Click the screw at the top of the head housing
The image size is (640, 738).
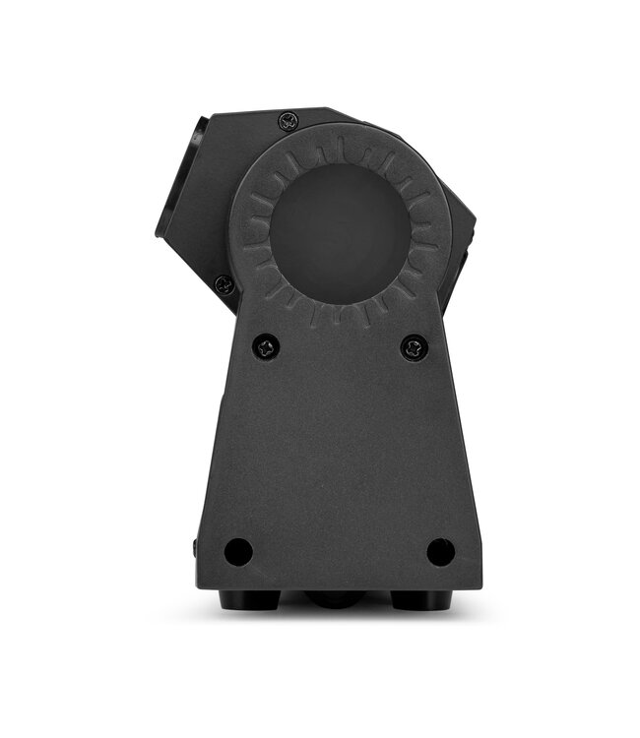click(x=288, y=121)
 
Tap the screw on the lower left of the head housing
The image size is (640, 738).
click(x=224, y=285)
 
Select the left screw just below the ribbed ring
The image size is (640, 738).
click(x=266, y=345)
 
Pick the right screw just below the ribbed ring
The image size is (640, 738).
click(x=414, y=346)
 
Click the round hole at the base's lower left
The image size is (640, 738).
click(x=237, y=552)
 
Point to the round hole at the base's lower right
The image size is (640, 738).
click(x=440, y=552)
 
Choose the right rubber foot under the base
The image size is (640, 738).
click(x=415, y=598)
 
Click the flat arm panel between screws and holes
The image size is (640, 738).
click(x=339, y=443)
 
